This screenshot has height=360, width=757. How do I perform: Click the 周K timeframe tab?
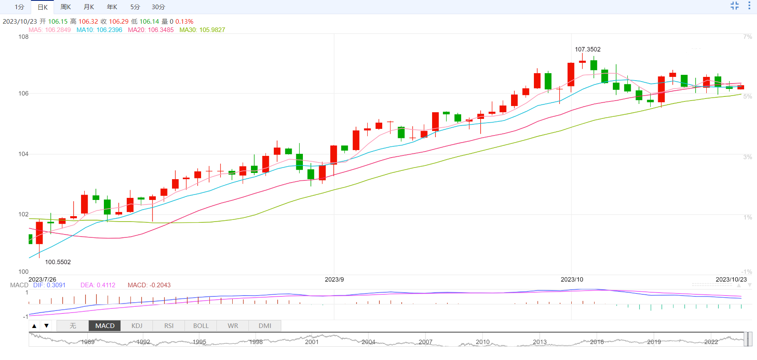(x=66, y=7)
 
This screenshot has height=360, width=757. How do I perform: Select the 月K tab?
(x=89, y=7)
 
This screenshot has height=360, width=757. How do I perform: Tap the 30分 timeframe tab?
(x=158, y=7)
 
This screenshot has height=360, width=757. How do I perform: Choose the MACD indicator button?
(x=105, y=325)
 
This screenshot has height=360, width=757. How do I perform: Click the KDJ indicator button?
(x=137, y=325)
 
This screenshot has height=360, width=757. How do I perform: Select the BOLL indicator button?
(x=201, y=325)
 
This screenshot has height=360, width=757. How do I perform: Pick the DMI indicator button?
(x=265, y=325)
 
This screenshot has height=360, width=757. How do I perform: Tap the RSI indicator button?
(x=169, y=325)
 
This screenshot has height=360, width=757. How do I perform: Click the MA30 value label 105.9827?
(x=202, y=30)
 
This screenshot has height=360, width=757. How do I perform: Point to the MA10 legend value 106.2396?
(x=100, y=30)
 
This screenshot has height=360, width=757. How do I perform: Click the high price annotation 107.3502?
(x=587, y=49)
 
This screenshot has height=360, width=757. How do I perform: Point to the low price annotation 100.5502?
(x=58, y=262)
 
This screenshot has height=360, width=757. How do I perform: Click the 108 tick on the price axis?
(x=23, y=37)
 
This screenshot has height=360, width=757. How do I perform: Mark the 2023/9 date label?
(x=334, y=279)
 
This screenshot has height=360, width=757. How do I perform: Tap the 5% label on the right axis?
(x=747, y=96)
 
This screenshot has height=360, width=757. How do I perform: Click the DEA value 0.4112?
(x=98, y=285)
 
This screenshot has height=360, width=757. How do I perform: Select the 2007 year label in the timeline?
(x=425, y=342)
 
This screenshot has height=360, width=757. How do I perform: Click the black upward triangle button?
(x=34, y=325)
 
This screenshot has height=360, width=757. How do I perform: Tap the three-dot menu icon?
(x=749, y=5)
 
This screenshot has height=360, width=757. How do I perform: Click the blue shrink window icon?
(x=735, y=5)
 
